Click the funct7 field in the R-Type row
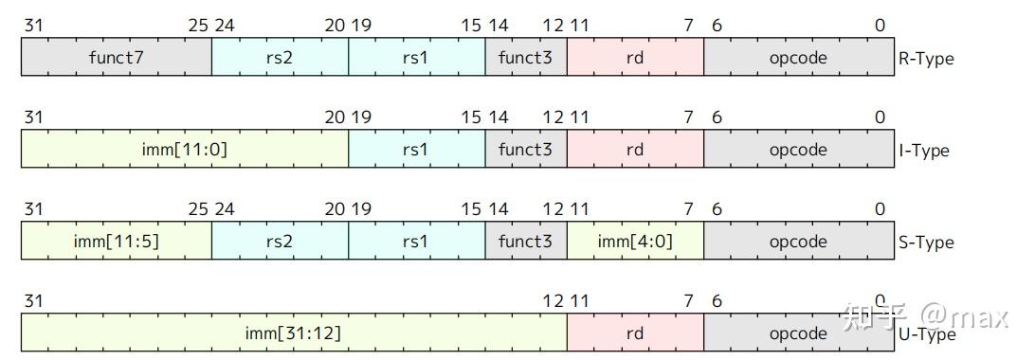117,58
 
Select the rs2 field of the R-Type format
280,58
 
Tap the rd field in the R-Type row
635,58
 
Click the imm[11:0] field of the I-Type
185,150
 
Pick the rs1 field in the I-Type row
416,150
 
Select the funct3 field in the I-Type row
525,150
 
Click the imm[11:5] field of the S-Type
117,242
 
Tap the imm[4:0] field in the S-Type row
635,242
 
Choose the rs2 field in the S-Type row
280,242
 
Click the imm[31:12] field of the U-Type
294,333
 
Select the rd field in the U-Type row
635,333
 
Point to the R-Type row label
925,59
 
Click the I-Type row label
923,151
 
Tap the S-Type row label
925,243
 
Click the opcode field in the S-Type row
798,242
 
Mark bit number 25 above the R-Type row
198,26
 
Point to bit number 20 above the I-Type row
335,117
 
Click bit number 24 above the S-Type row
225,209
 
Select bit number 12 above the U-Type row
554,301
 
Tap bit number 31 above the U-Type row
33,301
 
